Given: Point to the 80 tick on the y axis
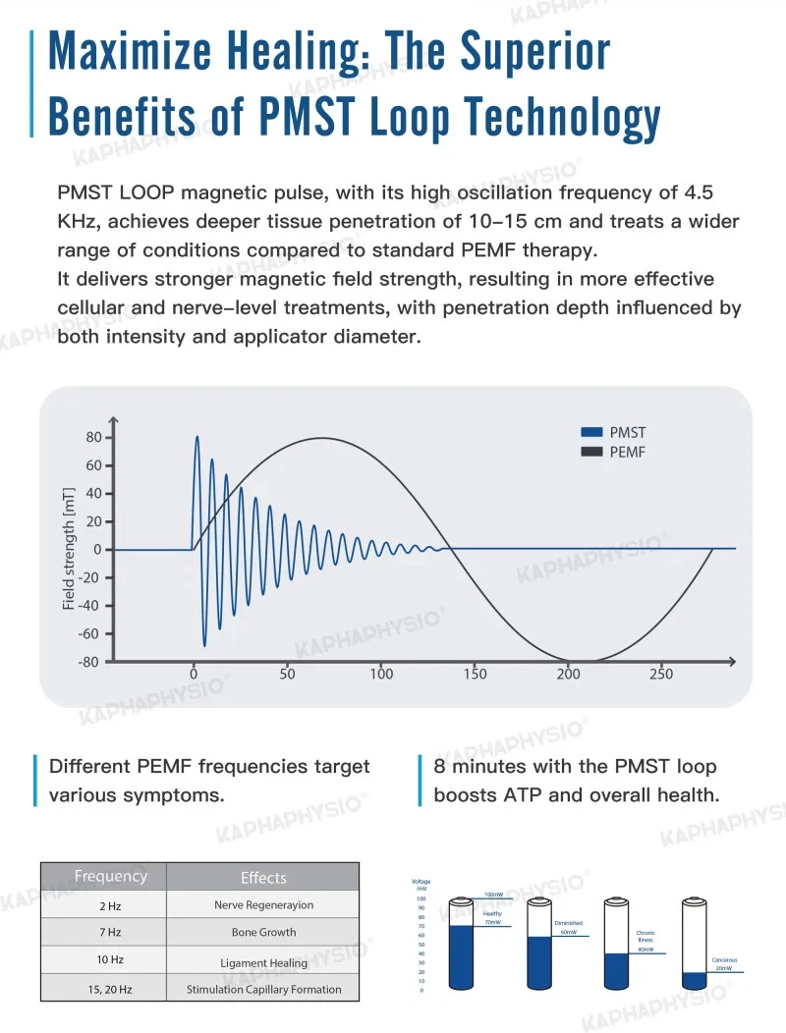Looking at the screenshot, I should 94,437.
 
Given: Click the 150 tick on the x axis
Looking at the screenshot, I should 475,674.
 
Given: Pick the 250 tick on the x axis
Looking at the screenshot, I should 661,674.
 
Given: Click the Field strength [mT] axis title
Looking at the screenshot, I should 69,549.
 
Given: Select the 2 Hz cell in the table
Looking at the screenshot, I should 103,905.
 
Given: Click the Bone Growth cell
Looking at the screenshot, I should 263,932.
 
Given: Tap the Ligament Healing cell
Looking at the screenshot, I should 263,962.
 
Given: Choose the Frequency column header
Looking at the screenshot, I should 110,876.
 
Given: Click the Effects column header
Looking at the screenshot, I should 263,878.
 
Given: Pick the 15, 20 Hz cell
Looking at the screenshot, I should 103,989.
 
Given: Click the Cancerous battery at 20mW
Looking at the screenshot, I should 695,948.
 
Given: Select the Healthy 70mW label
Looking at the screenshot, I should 492,918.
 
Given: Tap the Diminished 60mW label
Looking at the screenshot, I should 568,928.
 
